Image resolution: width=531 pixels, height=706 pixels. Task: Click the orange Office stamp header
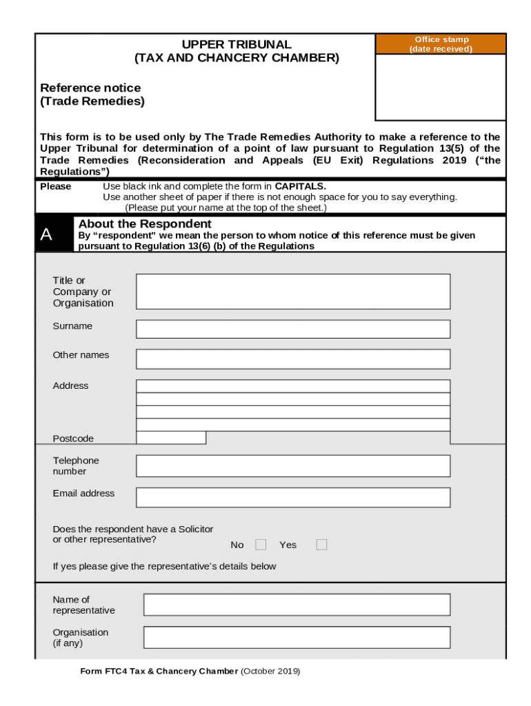440,44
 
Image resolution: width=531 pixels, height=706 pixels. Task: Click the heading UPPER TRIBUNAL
237,44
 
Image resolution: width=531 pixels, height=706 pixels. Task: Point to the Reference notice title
90,88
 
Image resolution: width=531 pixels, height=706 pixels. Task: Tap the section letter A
46,235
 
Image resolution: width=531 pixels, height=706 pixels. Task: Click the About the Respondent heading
145,224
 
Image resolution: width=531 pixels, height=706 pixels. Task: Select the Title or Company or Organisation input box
293,291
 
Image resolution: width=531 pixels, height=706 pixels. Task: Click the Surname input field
293,329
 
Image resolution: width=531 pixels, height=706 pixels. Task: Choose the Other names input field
293,359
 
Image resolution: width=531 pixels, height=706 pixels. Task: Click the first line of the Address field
293,386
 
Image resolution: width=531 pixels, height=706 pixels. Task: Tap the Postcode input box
171,438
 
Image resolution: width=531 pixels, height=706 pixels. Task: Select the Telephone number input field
293,466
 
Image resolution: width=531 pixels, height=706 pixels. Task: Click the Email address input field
293,497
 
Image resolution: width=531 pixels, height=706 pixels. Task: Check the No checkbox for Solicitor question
261,545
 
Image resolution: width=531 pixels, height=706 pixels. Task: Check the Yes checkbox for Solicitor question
321,545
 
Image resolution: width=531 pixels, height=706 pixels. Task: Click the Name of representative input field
297,605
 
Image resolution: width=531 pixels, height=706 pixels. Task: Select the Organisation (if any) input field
297,637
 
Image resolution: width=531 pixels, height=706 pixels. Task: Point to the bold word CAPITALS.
300,186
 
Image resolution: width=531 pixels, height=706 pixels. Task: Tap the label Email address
83,493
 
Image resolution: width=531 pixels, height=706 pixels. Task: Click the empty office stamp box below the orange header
440,88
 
